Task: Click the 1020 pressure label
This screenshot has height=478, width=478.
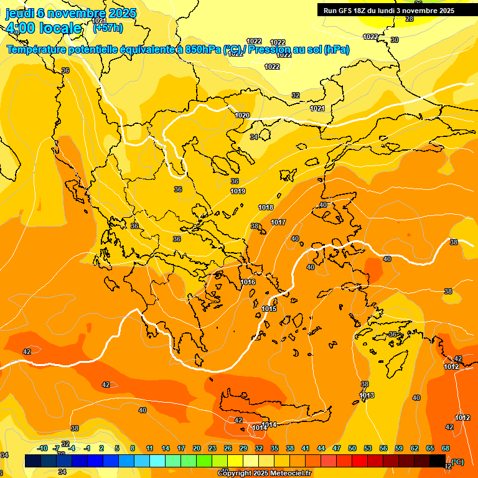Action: pos(243,115)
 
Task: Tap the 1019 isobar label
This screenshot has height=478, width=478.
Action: pos(238,191)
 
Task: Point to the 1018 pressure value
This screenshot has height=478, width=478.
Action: pos(266,207)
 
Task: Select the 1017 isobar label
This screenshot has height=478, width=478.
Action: pos(278,222)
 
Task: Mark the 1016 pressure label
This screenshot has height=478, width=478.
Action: pos(248,282)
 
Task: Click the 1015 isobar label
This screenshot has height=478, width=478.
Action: pos(269,309)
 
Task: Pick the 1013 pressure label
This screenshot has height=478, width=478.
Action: pos(367,395)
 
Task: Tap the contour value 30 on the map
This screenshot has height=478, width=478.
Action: pos(395,40)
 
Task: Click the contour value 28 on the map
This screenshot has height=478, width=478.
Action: pos(409,19)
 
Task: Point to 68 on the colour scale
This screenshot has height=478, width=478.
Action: pos(446,448)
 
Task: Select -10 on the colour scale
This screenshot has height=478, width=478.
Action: pos(42,448)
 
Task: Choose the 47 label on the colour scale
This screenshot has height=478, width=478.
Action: pos(337,448)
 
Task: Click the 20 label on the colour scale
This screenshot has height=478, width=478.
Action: pos(197,448)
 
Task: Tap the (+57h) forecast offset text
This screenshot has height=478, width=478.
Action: pos(108,28)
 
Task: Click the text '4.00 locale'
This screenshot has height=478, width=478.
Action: pos(44,28)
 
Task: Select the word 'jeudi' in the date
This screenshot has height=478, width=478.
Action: pos(19,12)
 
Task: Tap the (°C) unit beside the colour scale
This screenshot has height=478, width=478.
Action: pos(457,462)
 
